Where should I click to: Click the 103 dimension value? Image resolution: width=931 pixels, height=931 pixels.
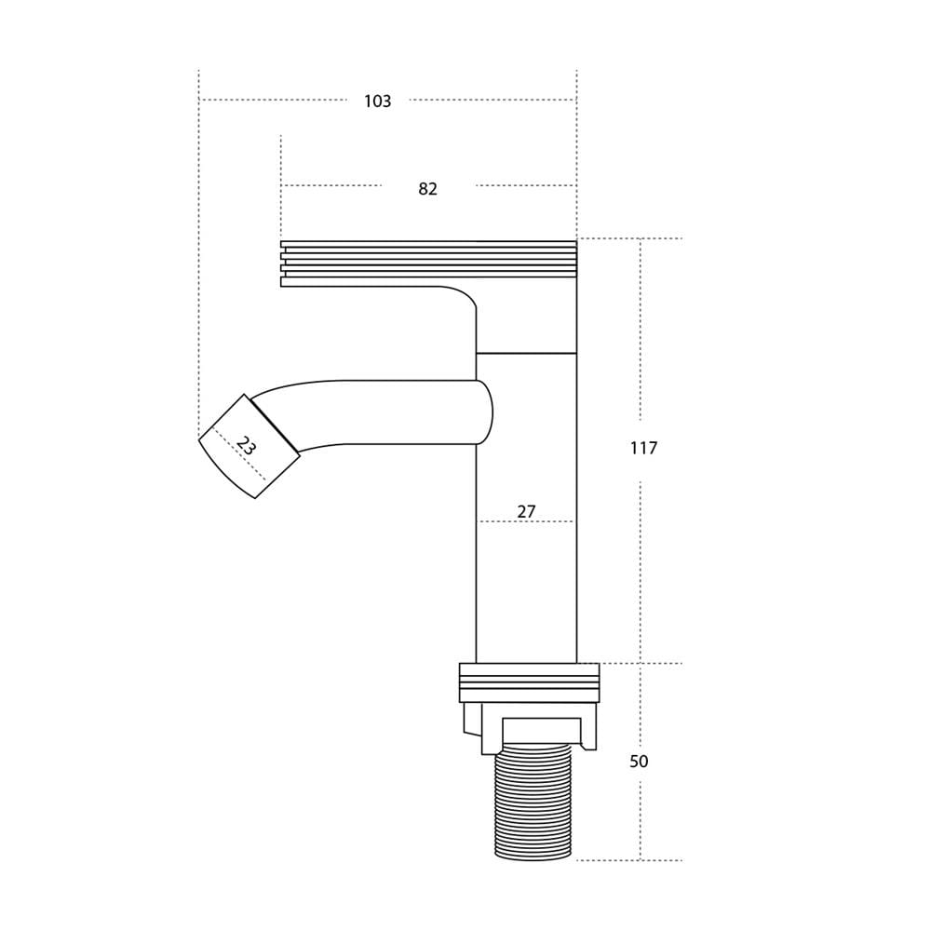point(378,101)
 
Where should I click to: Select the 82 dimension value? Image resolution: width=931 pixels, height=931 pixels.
point(427,189)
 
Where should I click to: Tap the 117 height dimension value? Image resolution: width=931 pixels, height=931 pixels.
point(643,448)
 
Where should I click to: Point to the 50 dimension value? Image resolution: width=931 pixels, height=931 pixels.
point(639,762)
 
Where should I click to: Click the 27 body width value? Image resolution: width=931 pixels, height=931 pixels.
point(526,511)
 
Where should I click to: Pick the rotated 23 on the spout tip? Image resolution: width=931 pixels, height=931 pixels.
point(245,445)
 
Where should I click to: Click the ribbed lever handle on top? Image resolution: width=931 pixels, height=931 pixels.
point(428,263)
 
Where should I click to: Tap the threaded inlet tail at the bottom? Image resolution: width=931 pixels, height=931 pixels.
point(533,804)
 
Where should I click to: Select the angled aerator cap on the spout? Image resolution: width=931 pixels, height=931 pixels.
point(249,447)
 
